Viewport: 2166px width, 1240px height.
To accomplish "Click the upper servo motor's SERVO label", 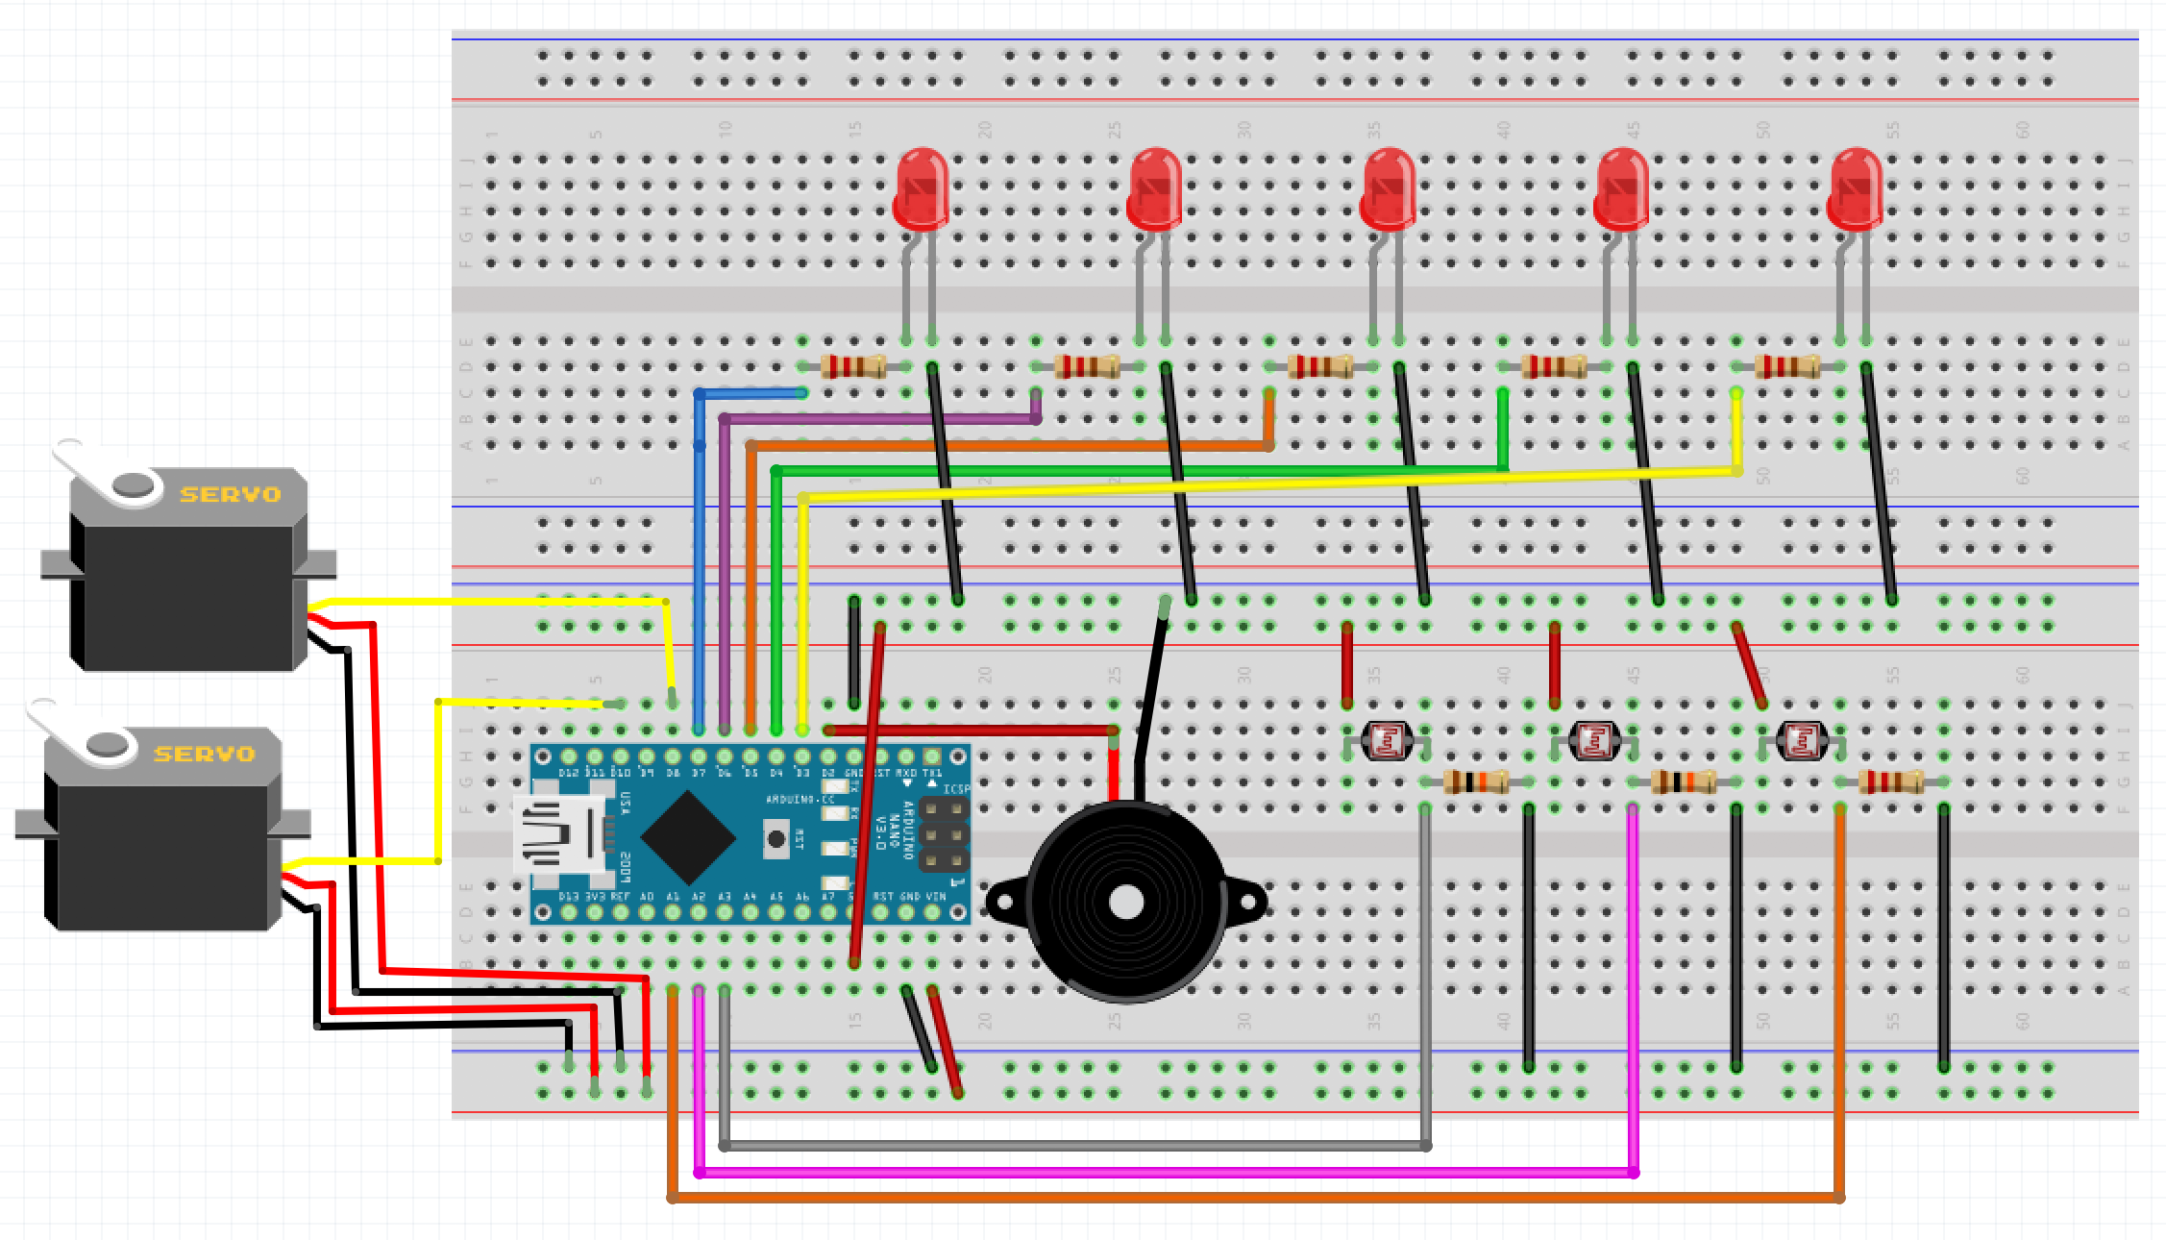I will click(x=230, y=494).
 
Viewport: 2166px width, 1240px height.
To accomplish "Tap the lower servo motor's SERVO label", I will click(x=204, y=754).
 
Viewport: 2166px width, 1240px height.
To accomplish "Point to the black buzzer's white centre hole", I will click(x=1125, y=903).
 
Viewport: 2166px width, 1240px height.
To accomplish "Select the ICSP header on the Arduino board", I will click(x=945, y=834).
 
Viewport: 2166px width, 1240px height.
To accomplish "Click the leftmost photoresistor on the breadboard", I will click(x=1387, y=740).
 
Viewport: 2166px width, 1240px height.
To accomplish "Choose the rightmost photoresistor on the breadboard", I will click(x=1802, y=740).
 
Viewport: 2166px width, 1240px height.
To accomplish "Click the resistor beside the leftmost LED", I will click(x=853, y=366).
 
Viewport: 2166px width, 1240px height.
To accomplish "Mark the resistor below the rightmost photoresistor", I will click(x=1890, y=781).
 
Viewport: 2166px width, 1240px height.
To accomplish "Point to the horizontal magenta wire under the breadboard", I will click(x=1153, y=1172).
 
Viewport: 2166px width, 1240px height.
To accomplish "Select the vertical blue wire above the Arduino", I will click(x=700, y=577).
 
